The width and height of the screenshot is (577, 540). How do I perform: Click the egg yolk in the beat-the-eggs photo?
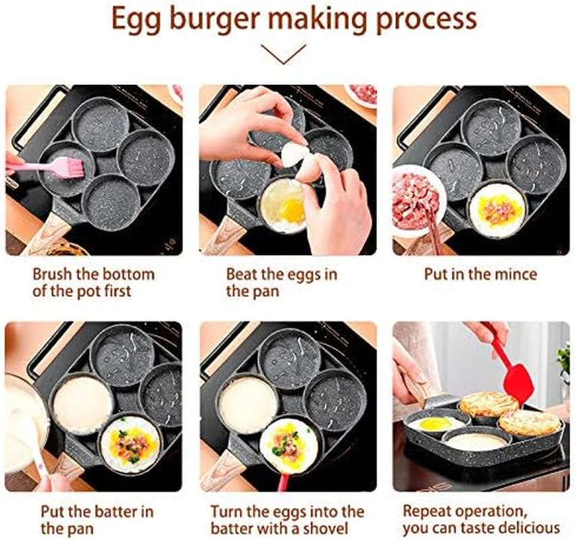point(292,209)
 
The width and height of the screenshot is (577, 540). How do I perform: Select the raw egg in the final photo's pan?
point(433,424)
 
